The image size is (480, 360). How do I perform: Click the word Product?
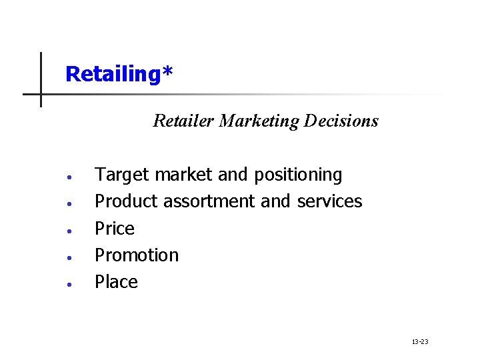[x=127, y=201]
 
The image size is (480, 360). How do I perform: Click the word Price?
[x=115, y=228]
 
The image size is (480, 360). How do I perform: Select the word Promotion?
[x=137, y=255]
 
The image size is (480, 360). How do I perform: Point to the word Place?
[x=116, y=281]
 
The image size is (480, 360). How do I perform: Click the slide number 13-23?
[x=420, y=342]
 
